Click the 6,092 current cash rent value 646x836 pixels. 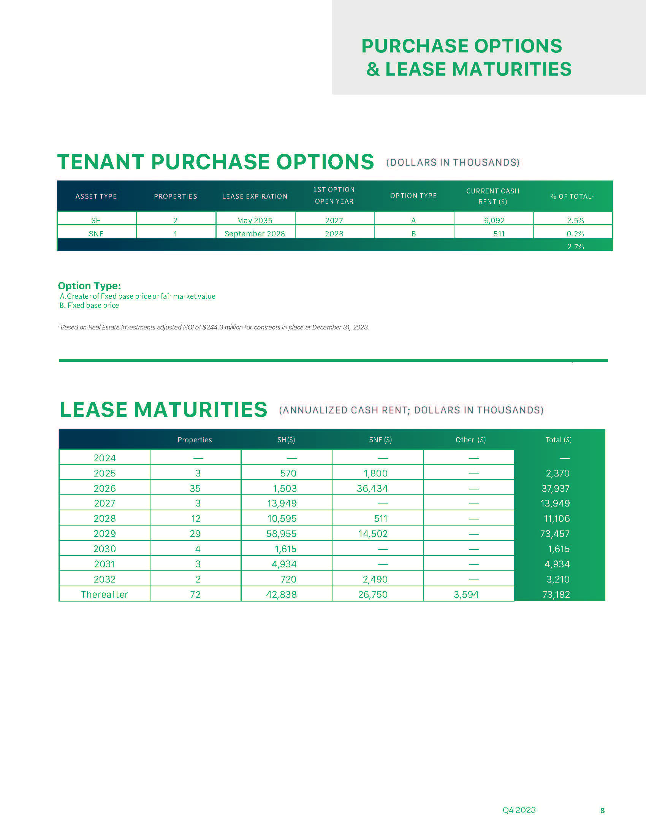point(494,220)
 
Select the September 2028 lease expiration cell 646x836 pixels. point(255,234)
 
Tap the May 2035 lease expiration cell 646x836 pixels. point(255,220)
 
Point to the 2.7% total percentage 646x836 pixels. point(575,247)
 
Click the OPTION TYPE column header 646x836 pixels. point(413,196)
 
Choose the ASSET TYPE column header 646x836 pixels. point(96,196)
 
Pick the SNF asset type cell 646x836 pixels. point(96,234)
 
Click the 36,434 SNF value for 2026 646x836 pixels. point(372,488)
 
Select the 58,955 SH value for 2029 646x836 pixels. point(281,534)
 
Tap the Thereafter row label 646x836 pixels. point(104,594)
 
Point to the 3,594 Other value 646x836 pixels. point(466,594)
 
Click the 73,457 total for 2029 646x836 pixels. point(555,534)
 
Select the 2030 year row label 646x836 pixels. point(104,549)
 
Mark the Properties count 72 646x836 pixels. point(195,594)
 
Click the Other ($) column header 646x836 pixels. point(470,440)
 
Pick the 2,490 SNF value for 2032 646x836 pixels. point(375,579)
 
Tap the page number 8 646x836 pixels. point(602,811)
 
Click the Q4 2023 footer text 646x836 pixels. point(519,810)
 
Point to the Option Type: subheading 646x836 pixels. point(89,286)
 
